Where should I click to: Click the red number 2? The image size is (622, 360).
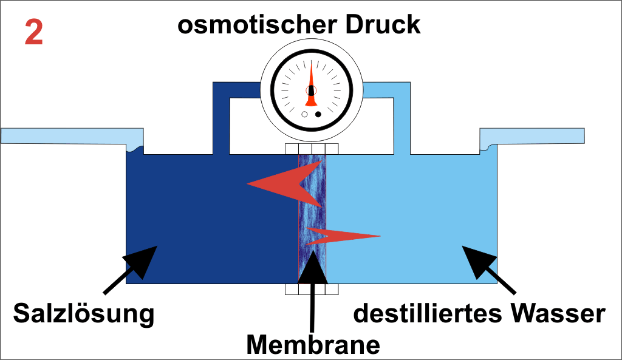click(34, 33)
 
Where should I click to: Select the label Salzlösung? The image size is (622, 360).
click(84, 314)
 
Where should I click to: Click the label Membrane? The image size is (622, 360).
click(313, 344)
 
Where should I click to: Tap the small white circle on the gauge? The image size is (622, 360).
click(305, 114)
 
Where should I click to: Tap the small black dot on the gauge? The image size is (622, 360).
click(318, 114)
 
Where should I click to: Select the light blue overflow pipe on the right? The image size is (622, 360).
click(535, 135)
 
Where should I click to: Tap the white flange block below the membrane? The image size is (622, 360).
click(312, 290)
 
